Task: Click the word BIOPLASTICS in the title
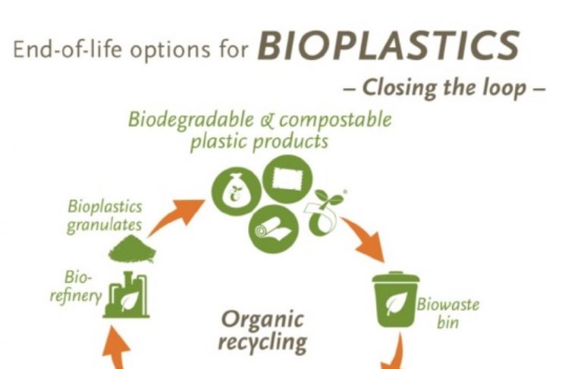pos(388,46)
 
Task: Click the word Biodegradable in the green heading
pos(190,120)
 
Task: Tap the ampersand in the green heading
pos(266,121)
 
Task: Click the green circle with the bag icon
pos(236,191)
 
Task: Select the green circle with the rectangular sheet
pos(287,179)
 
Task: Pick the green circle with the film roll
pos(274,229)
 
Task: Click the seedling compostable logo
pos(325,212)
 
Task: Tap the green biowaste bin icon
pos(395,299)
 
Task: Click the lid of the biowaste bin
pos(396,277)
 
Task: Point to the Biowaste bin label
pos(447,314)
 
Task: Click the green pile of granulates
pos(132,248)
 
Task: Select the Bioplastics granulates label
pos(105,216)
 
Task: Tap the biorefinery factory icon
pos(126,295)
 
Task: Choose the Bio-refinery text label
pos(76,287)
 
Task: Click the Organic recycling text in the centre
pos(262,330)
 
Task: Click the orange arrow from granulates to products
pos(177,216)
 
